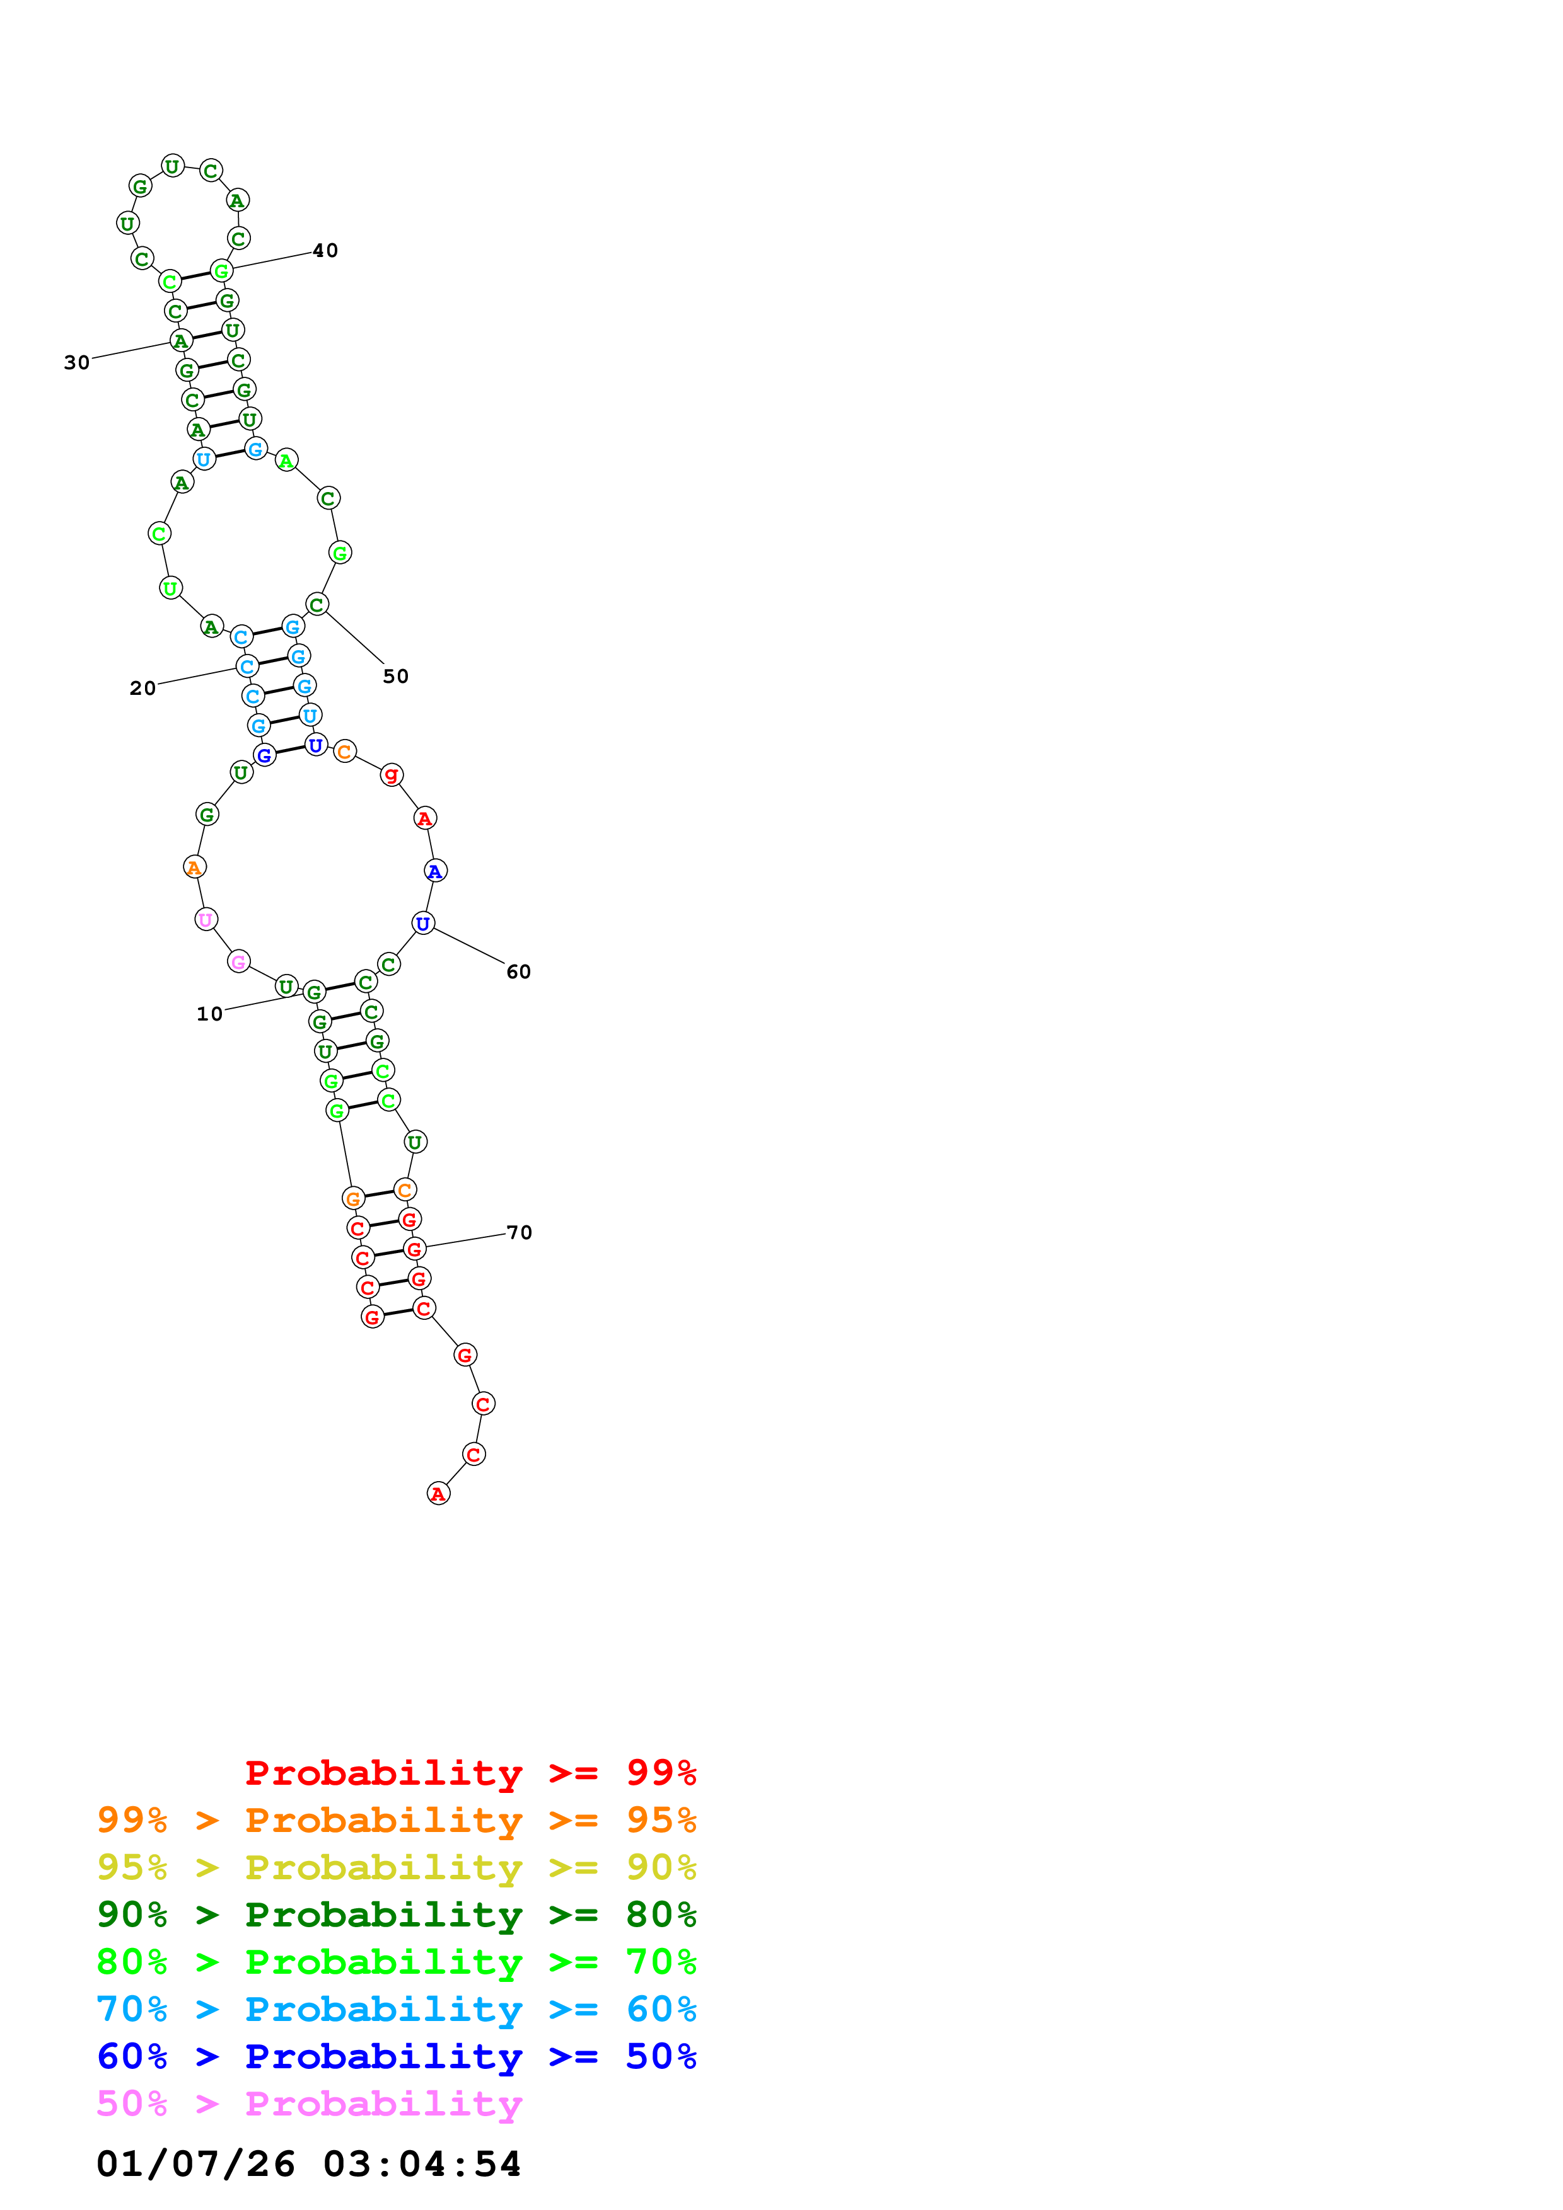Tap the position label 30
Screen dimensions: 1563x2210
[77, 363]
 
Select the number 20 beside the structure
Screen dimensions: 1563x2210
[142, 688]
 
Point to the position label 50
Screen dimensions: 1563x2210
[396, 677]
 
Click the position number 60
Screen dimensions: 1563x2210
[518, 972]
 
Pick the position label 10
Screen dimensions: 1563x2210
[209, 1014]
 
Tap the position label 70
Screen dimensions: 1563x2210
[519, 1233]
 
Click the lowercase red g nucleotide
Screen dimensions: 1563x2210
[391, 775]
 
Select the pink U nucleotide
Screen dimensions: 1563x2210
[205, 920]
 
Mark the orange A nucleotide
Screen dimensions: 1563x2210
[195, 867]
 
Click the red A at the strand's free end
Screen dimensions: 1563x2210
[438, 1494]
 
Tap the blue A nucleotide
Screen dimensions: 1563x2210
[435, 871]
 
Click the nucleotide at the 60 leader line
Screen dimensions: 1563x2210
[423, 924]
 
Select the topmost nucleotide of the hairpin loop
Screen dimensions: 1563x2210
[172, 166]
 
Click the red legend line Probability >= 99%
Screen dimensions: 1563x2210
[470, 1773]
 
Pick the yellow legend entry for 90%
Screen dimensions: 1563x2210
[396, 1869]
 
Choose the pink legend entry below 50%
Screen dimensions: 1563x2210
[309, 2104]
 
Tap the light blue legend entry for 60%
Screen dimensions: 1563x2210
[396, 2010]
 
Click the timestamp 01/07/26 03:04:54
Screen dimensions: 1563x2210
[308, 2165]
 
